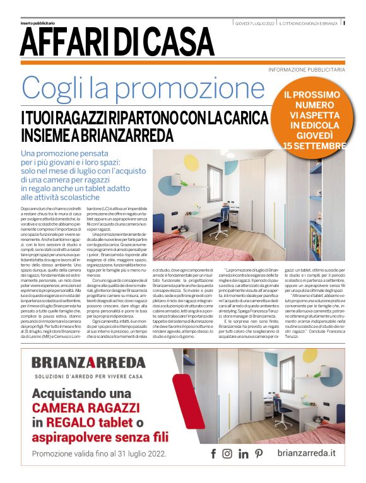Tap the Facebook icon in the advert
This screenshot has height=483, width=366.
[x=213, y=453]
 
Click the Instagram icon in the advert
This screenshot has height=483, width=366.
[x=227, y=453]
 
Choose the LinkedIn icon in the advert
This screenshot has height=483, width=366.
[x=243, y=453]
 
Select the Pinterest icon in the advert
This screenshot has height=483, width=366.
[x=258, y=453]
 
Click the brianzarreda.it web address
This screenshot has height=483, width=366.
[x=306, y=453]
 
